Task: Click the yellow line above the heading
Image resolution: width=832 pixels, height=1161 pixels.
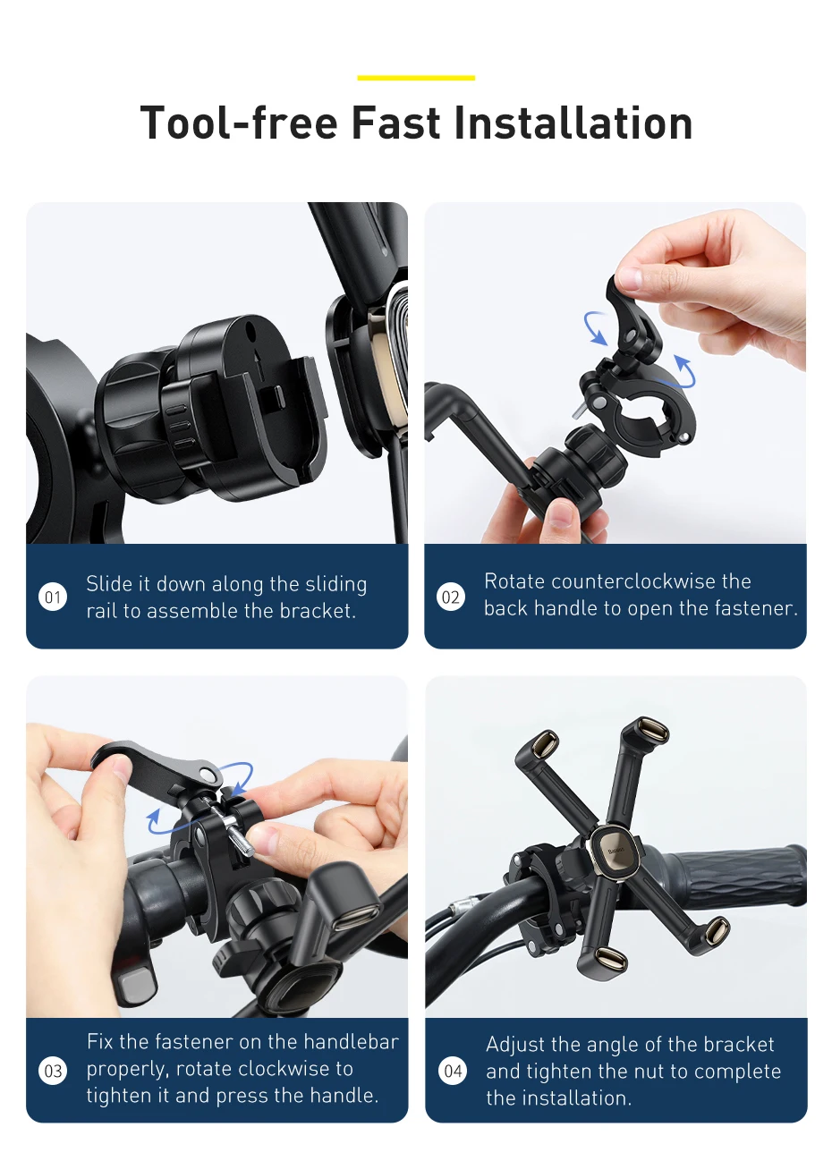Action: [x=416, y=78]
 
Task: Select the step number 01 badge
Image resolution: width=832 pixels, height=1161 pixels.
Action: [x=54, y=597]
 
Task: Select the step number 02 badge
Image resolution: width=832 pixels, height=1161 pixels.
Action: [x=451, y=597]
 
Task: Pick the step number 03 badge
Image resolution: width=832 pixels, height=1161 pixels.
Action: [x=54, y=1070]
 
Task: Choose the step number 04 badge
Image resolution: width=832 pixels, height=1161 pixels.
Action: [x=454, y=1070]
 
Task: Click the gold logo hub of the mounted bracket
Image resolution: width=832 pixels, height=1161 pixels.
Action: [x=616, y=848]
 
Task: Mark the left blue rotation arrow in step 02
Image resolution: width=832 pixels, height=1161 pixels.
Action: [x=595, y=327]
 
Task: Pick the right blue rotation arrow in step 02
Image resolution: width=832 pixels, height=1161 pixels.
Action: [x=684, y=369]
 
